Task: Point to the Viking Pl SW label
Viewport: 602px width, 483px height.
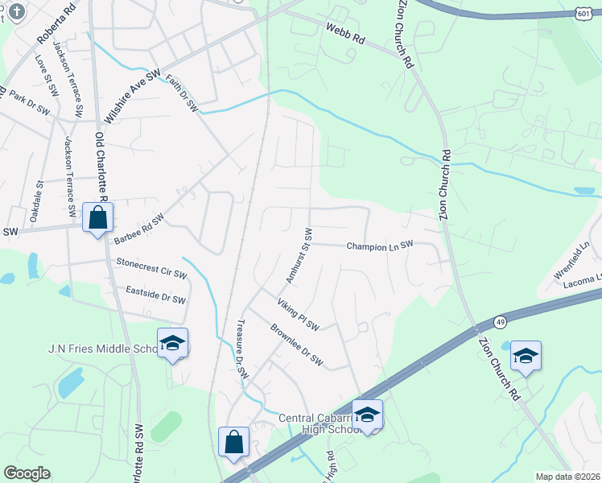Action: tap(298, 315)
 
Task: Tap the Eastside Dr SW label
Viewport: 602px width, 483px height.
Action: tap(156, 294)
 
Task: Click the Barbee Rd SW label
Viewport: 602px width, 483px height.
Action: tap(138, 229)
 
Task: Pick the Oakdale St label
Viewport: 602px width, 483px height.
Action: tap(39, 196)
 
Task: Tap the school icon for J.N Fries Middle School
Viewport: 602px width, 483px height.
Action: tap(172, 343)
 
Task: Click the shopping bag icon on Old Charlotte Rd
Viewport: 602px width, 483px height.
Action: tap(97, 217)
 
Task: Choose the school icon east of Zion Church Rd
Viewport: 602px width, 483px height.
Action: tap(526, 356)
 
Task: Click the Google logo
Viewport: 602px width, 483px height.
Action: tap(27, 473)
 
